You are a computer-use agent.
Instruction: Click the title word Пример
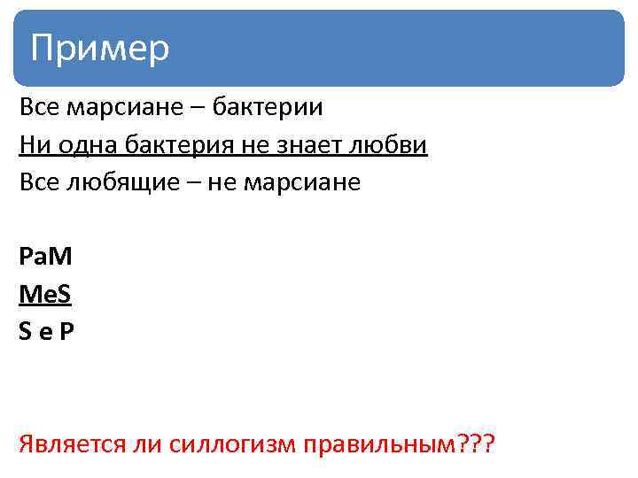click(x=99, y=47)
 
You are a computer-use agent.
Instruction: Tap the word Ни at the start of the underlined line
click(x=32, y=145)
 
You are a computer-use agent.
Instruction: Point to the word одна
click(x=82, y=145)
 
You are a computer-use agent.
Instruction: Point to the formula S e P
click(x=47, y=333)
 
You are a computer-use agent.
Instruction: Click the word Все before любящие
click(x=39, y=183)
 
